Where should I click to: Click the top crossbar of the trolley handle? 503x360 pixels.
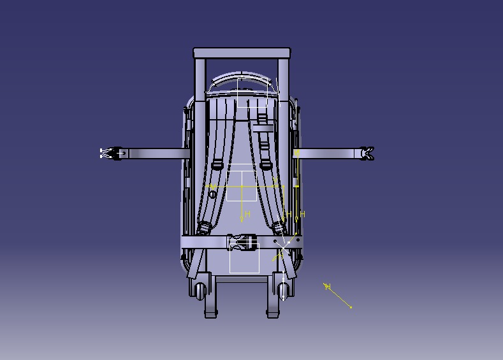pos(242,53)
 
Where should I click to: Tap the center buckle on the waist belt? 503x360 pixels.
pos(242,242)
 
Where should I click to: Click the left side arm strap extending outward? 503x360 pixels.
pos(156,153)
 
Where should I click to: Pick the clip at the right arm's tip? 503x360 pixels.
pos(367,153)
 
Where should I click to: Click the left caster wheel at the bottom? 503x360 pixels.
pos(202,290)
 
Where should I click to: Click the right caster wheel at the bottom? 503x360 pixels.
pos(283,290)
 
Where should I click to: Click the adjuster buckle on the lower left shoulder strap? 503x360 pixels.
pos(205,227)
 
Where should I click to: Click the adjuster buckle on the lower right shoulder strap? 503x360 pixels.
pos(279,227)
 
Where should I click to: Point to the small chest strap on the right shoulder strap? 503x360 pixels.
pos(263,128)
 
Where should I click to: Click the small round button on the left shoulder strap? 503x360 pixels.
pos(212,194)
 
